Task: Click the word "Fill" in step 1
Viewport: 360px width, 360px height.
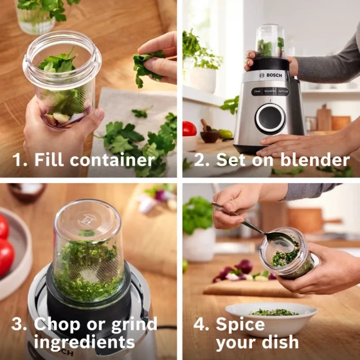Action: point(49,159)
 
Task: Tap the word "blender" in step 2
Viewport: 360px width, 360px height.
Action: point(315,159)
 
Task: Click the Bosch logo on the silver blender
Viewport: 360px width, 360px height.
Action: point(271,75)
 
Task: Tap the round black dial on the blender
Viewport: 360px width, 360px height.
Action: point(270,119)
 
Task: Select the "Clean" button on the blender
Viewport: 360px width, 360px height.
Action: point(258,91)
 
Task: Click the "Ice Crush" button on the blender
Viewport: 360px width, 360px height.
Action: point(283,91)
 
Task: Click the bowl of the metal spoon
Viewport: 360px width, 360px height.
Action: point(279,240)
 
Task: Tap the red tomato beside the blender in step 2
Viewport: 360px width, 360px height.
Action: point(189,129)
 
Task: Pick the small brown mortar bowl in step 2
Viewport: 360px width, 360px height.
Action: point(210,136)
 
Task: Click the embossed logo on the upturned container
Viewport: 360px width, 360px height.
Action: point(87,221)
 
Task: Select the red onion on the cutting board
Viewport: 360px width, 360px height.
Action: point(244,266)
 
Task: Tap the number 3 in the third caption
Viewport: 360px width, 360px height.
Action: point(17,324)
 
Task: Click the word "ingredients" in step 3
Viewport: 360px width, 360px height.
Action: point(84,342)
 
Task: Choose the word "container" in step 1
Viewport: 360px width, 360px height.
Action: point(113,160)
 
